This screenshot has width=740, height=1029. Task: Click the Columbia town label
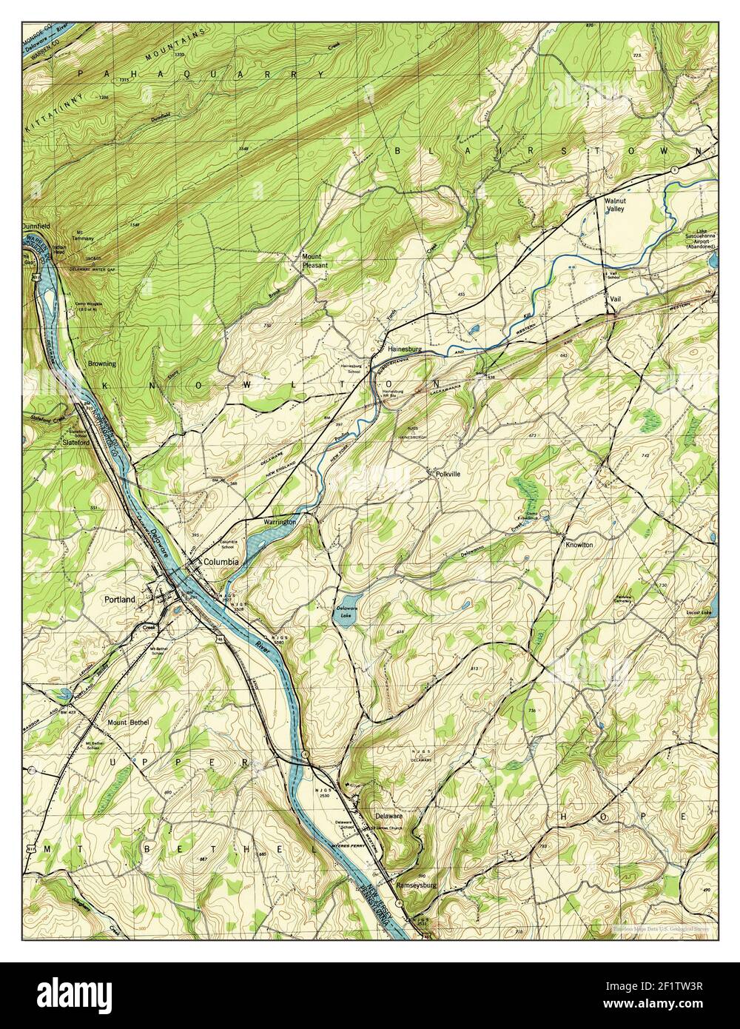(x=221, y=562)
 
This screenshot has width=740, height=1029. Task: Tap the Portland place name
(x=120, y=600)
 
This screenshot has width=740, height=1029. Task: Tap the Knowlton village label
(x=579, y=545)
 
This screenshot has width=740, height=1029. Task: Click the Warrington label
(x=280, y=522)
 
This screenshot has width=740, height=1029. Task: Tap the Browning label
(x=102, y=364)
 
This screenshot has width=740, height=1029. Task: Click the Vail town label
(x=615, y=298)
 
